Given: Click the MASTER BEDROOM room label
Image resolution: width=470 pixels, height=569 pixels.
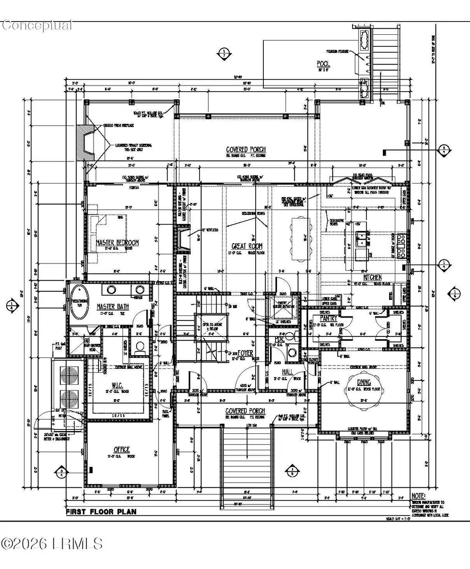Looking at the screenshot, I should click(117, 242).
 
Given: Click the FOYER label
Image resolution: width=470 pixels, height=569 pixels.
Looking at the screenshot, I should click(246, 352).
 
